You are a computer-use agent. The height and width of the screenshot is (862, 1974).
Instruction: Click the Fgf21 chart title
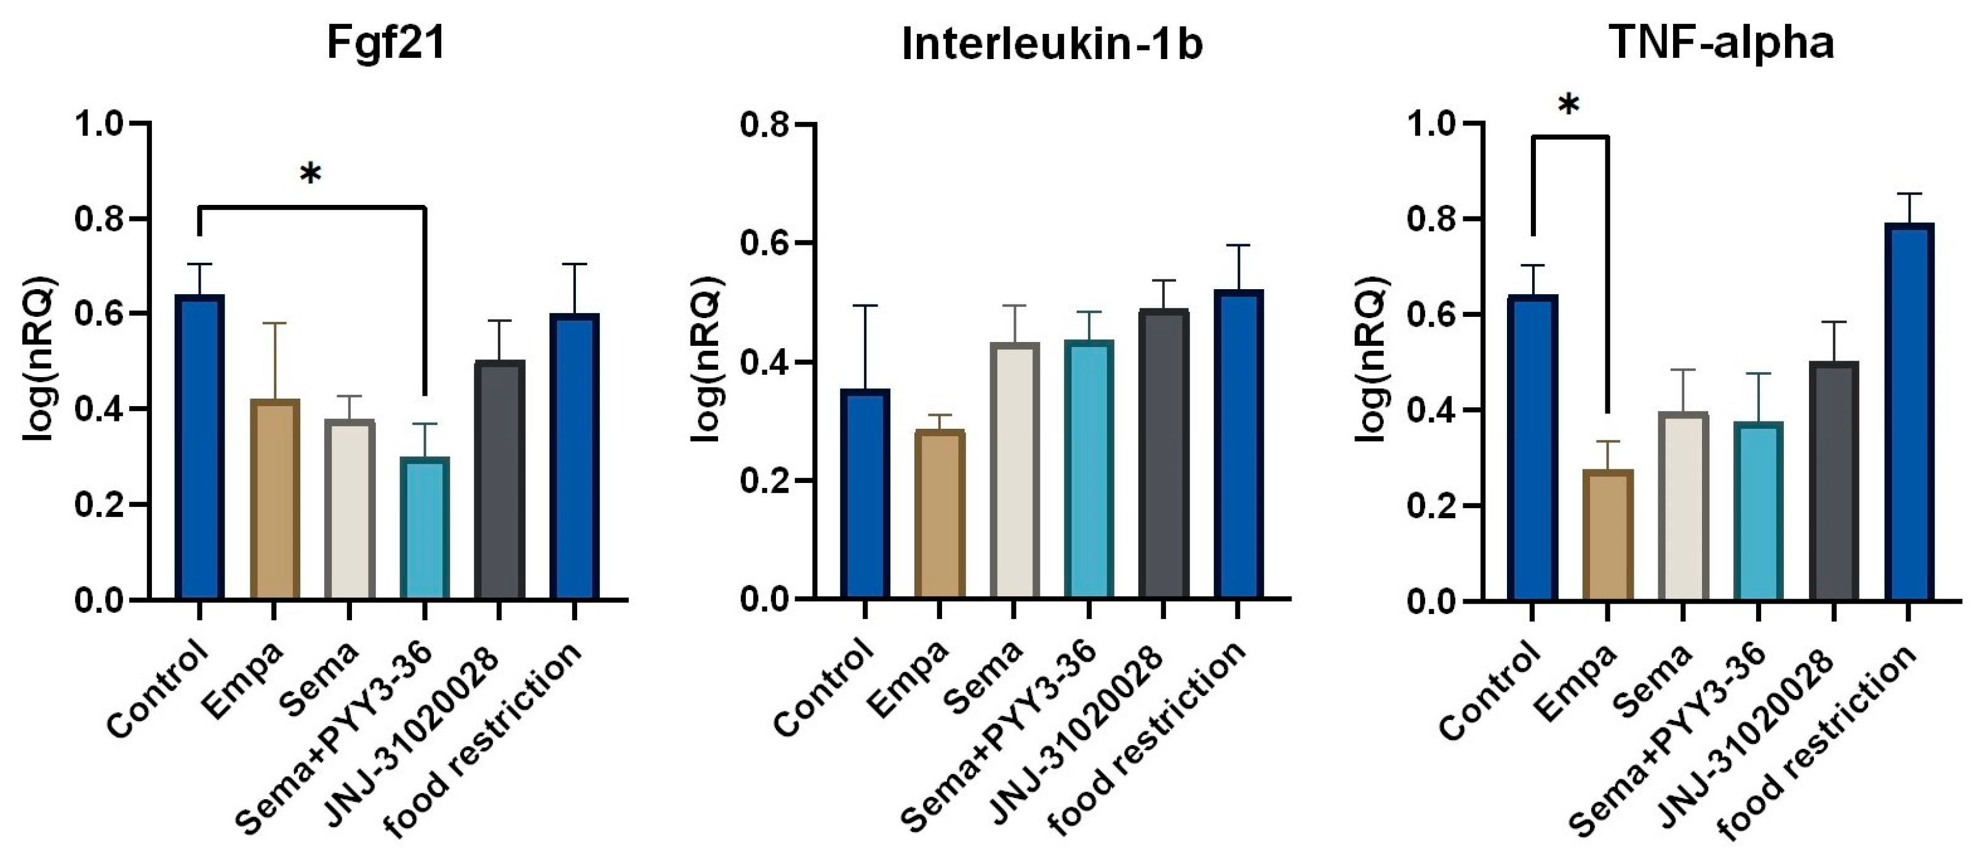[386, 44]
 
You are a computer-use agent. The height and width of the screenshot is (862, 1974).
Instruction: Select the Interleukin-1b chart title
[1052, 44]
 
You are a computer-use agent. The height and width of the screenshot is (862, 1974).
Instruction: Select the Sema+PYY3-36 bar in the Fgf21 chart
[425, 529]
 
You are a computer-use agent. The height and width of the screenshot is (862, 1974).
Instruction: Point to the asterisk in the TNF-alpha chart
[1569, 106]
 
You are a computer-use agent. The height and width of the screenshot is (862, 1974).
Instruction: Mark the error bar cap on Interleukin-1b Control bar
[865, 306]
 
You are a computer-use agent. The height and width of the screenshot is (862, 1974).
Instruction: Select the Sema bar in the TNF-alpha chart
[1683, 506]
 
